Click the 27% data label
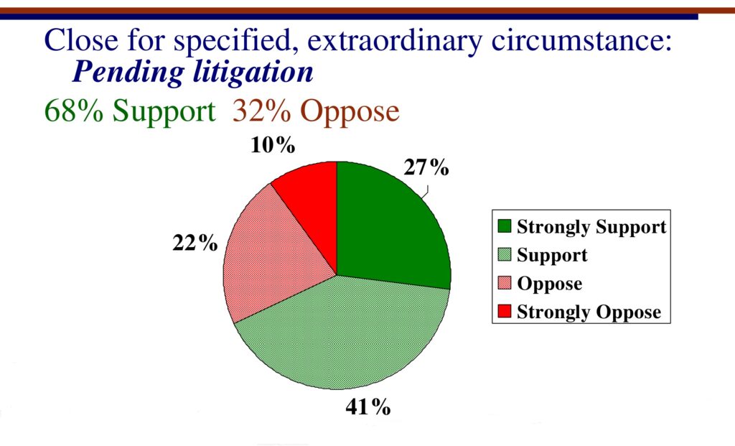pos(426,167)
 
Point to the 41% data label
pos(368,406)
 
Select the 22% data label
pos(195,243)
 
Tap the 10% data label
pos(273,145)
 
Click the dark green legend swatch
pos(505,226)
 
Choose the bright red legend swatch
pos(505,311)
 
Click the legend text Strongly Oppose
pos(589,312)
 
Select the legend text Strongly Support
pos(591,227)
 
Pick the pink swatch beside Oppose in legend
pos(505,283)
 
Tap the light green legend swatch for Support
pos(505,254)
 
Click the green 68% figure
pos(74,111)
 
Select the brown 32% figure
pos(261,111)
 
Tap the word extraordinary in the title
pos(395,40)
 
